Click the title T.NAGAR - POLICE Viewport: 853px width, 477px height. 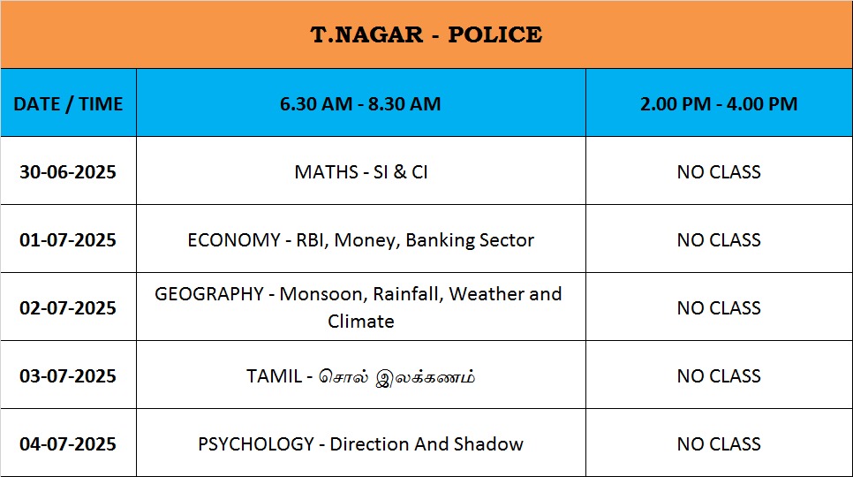(426, 34)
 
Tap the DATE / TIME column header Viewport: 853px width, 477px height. (68, 104)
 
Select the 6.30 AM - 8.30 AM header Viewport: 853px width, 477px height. (360, 104)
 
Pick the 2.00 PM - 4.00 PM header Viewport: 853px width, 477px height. (719, 104)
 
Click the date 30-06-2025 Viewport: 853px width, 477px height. (68, 172)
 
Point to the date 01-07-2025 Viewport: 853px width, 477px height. (68, 240)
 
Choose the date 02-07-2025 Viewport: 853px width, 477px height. (68, 308)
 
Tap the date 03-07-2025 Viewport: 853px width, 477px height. (68, 375)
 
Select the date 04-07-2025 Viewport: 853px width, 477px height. (68, 443)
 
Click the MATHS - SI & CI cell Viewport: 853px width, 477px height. (360, 172)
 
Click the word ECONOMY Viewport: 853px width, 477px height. (234, 240)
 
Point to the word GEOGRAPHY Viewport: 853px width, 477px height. (209, 293)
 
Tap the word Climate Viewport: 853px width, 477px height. (360, 321)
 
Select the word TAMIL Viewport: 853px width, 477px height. (274, 375)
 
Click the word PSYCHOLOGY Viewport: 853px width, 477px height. (256, 443)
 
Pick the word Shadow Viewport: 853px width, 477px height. (488, 443)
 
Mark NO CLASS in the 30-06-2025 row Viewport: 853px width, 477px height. (719, 172)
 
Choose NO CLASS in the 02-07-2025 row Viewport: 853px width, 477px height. (719, 308)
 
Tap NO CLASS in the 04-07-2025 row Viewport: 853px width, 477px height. (719, 443)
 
